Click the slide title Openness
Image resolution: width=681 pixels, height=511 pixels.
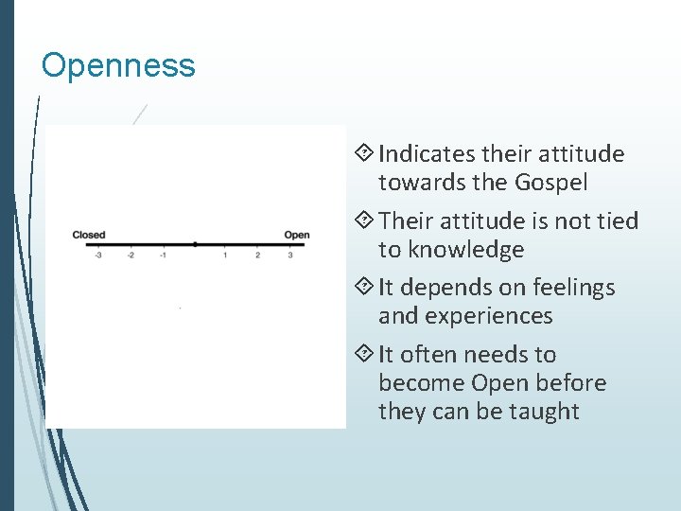[x=118, y=65]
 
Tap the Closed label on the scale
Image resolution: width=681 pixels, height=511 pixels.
[x=88, y=235]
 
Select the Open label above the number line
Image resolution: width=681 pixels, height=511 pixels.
[x=296, y=235]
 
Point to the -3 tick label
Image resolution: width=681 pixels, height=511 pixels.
[x=97, y=255]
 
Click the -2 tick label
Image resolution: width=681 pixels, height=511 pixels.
[x=131, y=255]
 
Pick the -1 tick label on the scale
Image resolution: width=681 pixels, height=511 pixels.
[x=163, y=255]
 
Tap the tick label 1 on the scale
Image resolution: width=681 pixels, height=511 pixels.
[x=225, y=255]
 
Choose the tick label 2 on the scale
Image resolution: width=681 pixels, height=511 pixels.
[x=257, y=255]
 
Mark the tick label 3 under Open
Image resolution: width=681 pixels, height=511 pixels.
[x=289, y=255]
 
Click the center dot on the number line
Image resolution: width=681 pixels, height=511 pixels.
[x=194, y=244]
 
